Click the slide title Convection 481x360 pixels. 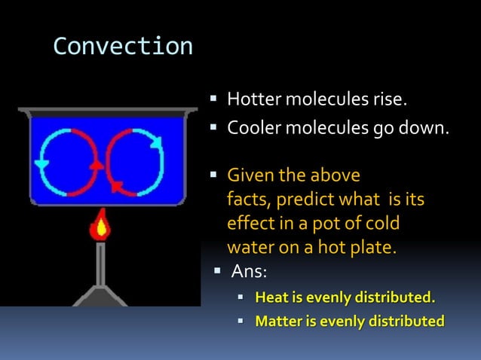click(x=123, y=47)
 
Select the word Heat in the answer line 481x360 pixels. click(x=271, y=297)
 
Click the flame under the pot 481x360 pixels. click(x=99, y=227)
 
